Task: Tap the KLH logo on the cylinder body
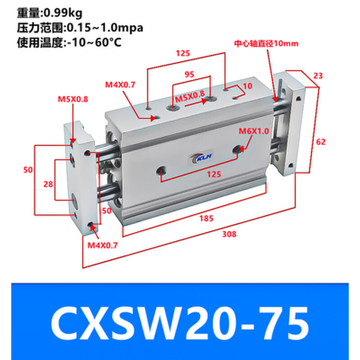199,159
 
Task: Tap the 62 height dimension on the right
321,142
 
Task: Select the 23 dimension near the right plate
318,76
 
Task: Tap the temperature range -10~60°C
94,43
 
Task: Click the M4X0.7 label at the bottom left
102,245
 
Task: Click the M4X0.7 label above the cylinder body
120,84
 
